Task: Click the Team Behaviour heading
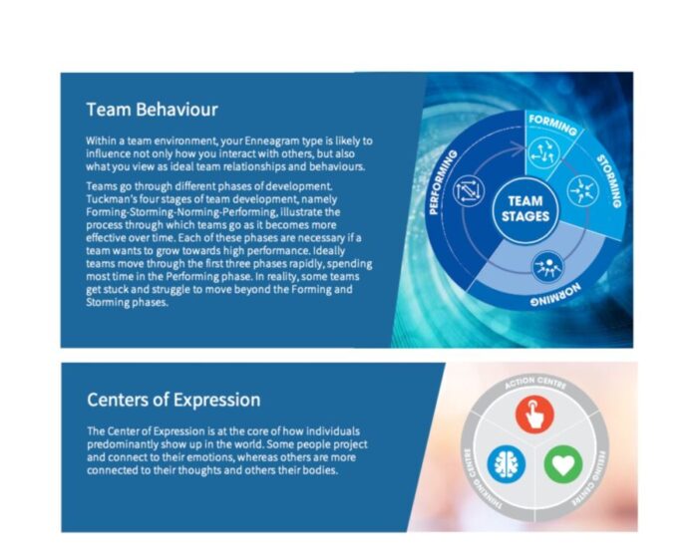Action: pos(152,110)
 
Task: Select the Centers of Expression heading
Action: pos(174,400)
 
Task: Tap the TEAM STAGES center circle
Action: pos(525,208)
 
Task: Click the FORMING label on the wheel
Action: pos(552,125)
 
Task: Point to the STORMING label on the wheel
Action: pos(609,180)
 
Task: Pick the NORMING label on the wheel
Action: pos(555,296)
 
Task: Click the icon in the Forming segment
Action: pos(543,153)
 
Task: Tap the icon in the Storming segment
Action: pos(582,191)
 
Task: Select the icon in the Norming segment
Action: pos(547,266)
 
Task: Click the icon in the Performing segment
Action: pos(469,191)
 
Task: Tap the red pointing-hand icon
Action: pos(534,415)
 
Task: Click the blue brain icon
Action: pos(507,464)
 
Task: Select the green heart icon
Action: pos(563,464)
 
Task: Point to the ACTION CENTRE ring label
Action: pos(535,383)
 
